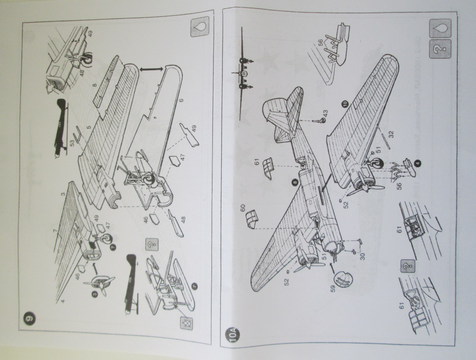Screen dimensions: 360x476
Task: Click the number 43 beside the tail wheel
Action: pos(325,112)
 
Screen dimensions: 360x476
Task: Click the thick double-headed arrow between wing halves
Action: pos(153,69)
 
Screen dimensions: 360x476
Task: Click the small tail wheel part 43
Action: pos(320,120)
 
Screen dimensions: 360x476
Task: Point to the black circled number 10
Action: pos(345,105)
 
